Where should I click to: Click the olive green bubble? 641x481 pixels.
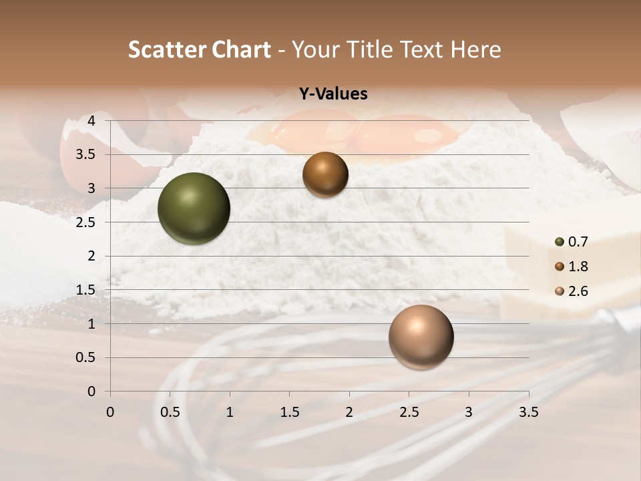point(194,208)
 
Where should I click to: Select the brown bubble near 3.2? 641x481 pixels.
point(325,175)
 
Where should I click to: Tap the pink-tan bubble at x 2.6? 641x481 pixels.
point(421,337)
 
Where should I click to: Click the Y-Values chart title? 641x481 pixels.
point(333,94)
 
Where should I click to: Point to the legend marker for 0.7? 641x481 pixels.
point(560,242)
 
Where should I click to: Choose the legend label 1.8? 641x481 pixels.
point(579,267)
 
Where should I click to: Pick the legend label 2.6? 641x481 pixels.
point(579,291)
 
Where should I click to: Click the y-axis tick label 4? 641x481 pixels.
point(91,121)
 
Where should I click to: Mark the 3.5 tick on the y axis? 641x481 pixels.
point(85,155)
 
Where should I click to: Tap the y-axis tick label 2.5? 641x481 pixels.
point(85,222)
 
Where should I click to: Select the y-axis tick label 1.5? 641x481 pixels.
point(85,290)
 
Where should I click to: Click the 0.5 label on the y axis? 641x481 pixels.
point(85,357)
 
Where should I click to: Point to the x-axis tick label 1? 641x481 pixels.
point(230,412)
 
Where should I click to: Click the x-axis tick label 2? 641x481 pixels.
point(349,412)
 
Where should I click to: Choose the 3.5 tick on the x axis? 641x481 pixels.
point(528,412)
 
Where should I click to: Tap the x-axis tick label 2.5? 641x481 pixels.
point(409,412)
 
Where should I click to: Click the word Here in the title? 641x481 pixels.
point(475,49)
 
